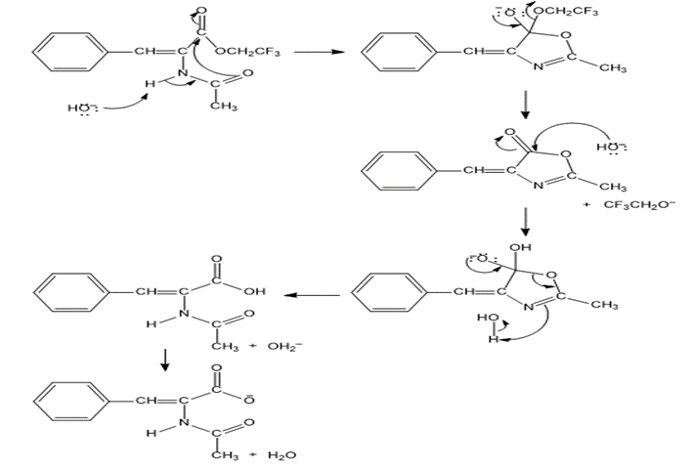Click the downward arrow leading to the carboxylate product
click(x=165, y=363)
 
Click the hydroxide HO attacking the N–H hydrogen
click(x=79, y=108)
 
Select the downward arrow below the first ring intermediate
click(x=526, y=102)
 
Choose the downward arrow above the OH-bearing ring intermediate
click(x=526, y=221)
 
